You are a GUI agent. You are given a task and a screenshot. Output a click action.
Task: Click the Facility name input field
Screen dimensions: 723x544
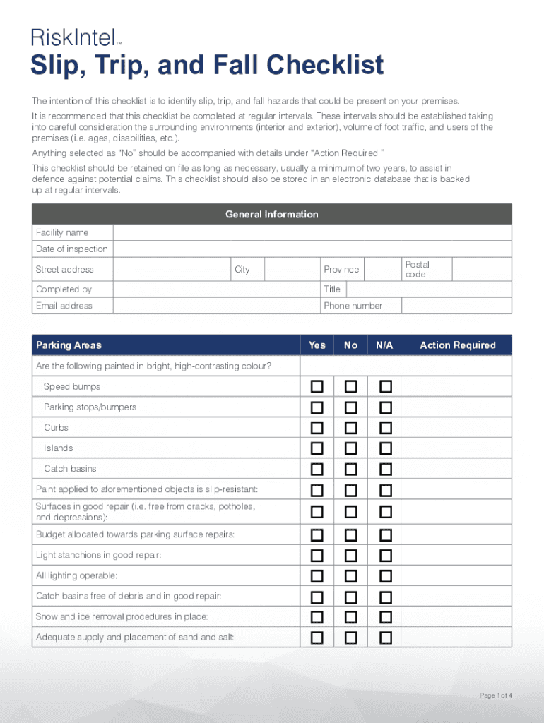pos(312,233)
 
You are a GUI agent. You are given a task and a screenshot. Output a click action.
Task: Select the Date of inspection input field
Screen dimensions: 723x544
pos(312,249)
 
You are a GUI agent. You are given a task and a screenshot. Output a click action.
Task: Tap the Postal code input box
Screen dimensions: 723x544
pos(481,270)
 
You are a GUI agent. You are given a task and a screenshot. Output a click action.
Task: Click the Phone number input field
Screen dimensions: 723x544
pos(456,306)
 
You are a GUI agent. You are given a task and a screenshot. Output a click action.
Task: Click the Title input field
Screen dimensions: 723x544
pos(429,289)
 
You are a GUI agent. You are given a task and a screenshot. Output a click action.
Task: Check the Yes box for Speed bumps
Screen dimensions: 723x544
pos(317,387)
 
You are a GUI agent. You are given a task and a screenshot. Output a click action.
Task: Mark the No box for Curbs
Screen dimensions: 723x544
pos(351,428)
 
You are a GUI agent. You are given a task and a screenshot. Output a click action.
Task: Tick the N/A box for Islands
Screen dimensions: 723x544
pos(385,448)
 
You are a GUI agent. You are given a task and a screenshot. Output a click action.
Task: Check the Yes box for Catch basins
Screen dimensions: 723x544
pos(317,469)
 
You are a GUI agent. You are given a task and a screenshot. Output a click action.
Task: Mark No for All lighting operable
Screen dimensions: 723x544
pos(351,576)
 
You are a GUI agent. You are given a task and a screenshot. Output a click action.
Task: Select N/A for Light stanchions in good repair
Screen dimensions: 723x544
pos(385,556)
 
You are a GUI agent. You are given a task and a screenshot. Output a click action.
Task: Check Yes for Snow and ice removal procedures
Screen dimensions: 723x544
pos(317,617)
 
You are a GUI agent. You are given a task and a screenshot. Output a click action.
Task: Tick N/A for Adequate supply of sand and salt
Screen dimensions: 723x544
pos(385,638)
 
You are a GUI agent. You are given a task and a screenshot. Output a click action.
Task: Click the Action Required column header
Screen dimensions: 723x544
pos(457,345)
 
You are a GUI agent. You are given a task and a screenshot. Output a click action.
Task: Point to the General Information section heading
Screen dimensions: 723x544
pos(271,215)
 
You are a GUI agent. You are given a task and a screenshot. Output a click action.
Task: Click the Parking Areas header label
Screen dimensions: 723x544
pos(69,345)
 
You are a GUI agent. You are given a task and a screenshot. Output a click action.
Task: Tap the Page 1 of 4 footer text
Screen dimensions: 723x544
pos(495,696)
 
